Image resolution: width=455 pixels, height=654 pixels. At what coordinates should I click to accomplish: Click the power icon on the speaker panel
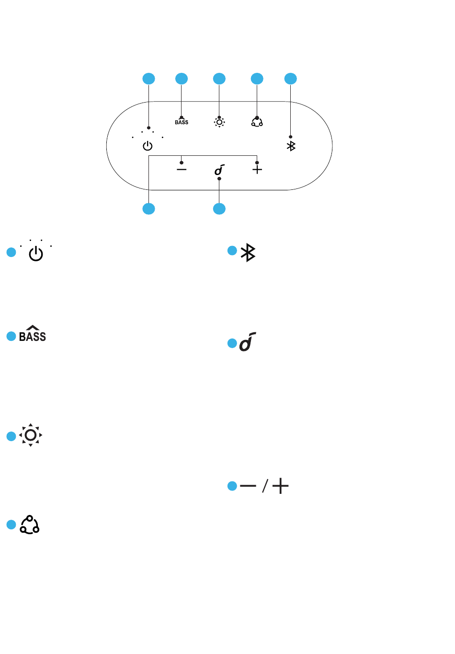pyautogui.click(x=148, y=146)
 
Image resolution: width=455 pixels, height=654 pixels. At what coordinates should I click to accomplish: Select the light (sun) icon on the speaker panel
pyautogui.click(x=219, y=122)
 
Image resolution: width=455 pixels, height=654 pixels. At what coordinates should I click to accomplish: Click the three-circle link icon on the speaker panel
pyautogui.click(x=257, y=122)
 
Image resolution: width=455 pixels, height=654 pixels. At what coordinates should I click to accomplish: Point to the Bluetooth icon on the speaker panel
pyautogui.click(x=291, y=146)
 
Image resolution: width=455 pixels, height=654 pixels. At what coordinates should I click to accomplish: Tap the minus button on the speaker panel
pyautogui.click(x=182, y=169)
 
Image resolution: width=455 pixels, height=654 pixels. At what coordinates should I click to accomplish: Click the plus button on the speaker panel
pyautogui.click(x=257, y=169)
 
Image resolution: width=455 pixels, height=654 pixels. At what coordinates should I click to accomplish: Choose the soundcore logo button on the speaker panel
pyautogui.click(x=219, y=170)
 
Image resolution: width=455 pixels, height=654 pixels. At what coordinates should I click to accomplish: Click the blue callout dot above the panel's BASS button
pyautogui.click(x=182, y=79)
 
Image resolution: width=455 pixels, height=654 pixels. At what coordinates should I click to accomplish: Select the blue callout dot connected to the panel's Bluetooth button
pyautogui.click(x=291, y=79)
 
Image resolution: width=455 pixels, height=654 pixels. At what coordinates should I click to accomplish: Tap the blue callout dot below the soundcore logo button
pyautogui.click(x=219, y=209)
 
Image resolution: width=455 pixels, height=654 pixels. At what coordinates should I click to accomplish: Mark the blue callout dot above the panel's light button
pyautogui.click(x=219, y=79)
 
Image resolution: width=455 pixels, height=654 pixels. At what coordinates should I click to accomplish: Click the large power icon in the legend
pyautogui.click(x=36, y=254)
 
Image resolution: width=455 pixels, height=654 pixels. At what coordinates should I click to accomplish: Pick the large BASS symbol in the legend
pyautogui.click(x=33, y=333)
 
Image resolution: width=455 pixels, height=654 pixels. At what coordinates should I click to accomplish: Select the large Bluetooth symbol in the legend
pyautogui.click(x=248, y=252)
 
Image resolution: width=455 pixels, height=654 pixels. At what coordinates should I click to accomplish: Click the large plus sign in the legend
pyautogui.click(x=280, y=486)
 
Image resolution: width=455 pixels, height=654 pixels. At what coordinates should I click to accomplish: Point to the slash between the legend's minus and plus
pyautogui.click(x=265, y=486)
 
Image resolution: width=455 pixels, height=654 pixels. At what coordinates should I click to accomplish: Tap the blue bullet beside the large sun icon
pyautogui.click(x=11, y=436)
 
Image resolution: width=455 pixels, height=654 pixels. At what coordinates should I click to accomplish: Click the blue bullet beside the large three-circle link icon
pyautogui.click(x=11, y=525)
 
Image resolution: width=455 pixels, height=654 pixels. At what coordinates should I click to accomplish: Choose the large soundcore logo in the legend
pyautogui.click(x=248, y=341)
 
